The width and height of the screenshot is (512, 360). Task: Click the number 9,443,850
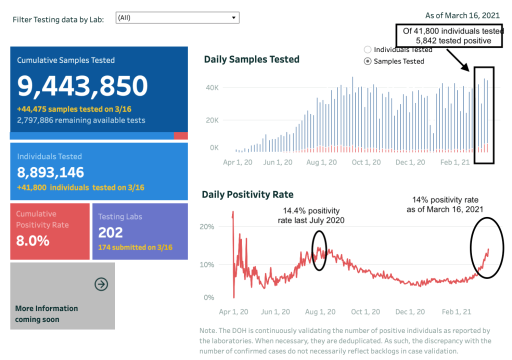[82, 86]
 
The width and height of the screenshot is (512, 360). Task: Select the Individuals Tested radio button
[368, 49]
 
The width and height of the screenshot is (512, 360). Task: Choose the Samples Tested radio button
[368, 61]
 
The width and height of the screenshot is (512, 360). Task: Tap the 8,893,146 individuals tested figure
[50, 172]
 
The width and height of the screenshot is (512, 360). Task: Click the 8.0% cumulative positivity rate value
[32, 240]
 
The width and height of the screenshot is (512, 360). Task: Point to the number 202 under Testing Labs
[110, 232]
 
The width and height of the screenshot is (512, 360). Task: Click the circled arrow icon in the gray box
[101, 284]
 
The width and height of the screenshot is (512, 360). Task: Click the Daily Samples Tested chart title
[251, 59]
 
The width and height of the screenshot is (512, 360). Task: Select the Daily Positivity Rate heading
[247, 194]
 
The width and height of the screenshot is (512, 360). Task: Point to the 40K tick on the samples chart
[212, 88]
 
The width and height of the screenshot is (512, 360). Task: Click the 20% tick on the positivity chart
[207, 226]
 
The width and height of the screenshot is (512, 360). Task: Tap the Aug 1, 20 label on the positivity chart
[320, 311]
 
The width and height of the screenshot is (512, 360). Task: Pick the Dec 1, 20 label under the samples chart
[410, 162]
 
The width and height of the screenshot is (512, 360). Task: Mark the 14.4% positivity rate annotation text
[311, 215]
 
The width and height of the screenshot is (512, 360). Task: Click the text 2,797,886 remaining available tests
[81, 120]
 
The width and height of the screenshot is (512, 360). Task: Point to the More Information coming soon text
[46, 314]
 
